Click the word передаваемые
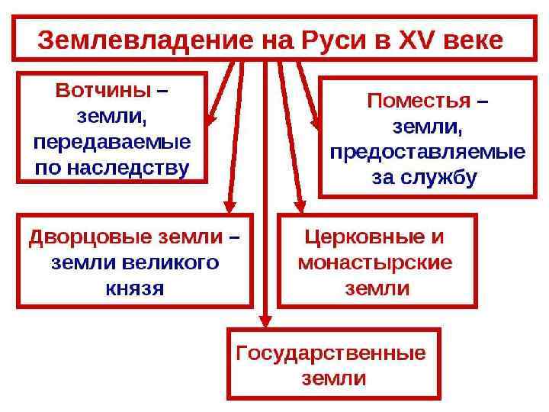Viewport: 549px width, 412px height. pyautogui.click(x=112, y=143)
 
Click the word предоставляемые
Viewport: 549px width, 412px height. pyautogui.click(x=427, y=151)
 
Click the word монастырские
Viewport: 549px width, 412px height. pyautogui.click(x=374, y=263)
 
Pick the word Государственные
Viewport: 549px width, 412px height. pyautogui.click(x=331, y=353)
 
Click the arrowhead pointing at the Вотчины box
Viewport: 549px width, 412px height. pyautogui.click(x=213, y=119)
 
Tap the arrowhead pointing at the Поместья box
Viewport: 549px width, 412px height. pyautogui.click(x=314, y=122)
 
